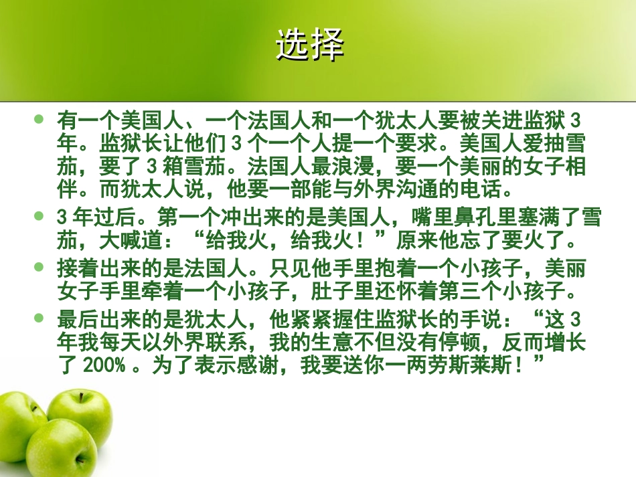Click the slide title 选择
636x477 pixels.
[x=310, y=45]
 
